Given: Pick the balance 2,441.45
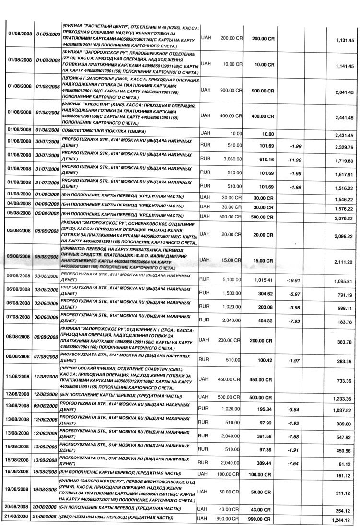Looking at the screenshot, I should click(344, 118).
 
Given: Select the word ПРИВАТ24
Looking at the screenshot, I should click(75, 250).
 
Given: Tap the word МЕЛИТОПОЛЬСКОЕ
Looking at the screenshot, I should click(163, 481).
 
